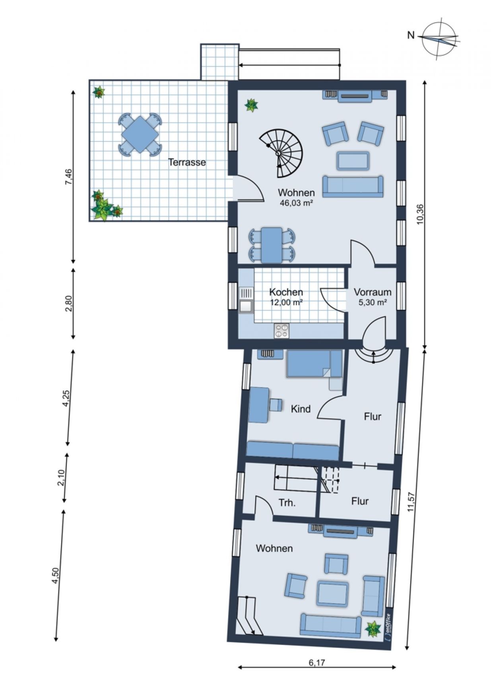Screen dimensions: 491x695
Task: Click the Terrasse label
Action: pyautogui.click(x=187, y=162)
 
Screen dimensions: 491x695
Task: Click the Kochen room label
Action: pyautogui.click(x=286, y=292)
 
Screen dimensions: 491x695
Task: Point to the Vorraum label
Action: pyautogui.click(x=373, y=292)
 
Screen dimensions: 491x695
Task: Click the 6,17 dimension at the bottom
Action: pyautogui.click(x=316, y=662)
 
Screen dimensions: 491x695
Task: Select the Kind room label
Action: pyautogui.click(x=301, y=409)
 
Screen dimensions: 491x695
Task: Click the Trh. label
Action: pyautogui.click(x=287, y=503)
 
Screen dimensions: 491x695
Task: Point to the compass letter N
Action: pyautogui.click(x=411, y=36)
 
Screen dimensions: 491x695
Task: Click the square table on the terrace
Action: pyautogui.click(x=140, y=134)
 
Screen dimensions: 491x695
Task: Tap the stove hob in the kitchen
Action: pyautogui.click(x=282, y=331)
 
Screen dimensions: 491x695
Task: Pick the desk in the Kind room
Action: pyautogui.click(x=259, y=405)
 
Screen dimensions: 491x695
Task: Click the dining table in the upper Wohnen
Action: pyautogui.click(x=272, y=245)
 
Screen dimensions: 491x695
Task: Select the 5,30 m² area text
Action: pyautogui.click(x=373, y=302)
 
